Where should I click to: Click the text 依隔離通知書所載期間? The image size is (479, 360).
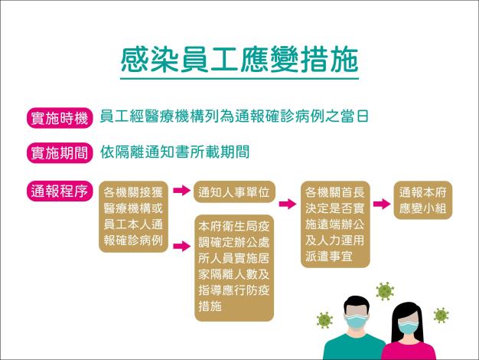point(175,152)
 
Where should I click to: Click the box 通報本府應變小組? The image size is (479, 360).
point(425,200)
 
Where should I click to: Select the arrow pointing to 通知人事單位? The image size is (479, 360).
point(181,191)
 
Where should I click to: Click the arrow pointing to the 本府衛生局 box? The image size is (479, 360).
point(181,246)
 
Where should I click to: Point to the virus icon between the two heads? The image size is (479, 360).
point(384,290)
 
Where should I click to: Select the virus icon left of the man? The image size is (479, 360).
point(325,319)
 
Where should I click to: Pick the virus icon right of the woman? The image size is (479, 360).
point(441,314)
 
